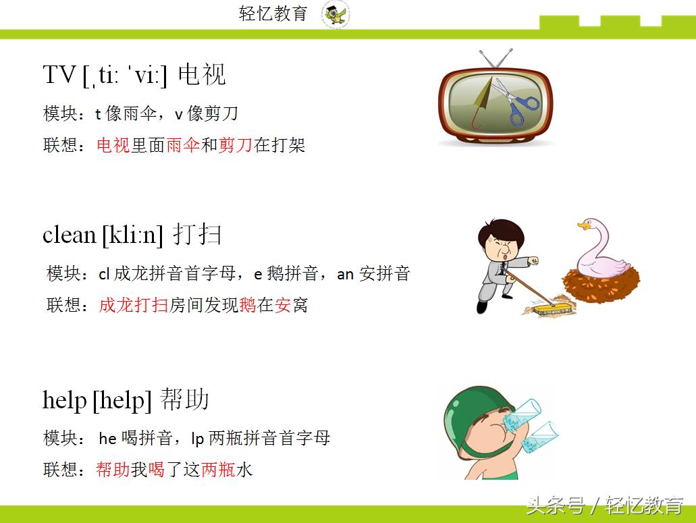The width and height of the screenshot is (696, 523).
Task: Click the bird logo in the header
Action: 336,14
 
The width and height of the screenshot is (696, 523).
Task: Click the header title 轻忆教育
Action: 273,13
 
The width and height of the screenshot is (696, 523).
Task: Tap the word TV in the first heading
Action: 59,74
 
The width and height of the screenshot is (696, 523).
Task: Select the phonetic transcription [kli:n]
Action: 133,234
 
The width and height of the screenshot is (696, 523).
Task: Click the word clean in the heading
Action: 70,234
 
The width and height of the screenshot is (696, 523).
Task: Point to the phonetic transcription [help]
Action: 122,400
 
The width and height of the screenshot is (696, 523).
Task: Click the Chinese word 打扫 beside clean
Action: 197,234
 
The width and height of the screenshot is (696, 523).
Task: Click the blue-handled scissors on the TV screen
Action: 517,102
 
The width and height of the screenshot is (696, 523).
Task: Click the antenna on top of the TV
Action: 496,58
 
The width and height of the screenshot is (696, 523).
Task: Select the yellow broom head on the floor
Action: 550,309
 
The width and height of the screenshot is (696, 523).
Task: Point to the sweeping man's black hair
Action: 501,231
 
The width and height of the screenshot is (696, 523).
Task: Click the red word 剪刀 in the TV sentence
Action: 235,145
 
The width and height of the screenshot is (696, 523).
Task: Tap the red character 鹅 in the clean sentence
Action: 248,305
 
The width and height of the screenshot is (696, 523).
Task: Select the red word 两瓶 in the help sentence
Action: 219,469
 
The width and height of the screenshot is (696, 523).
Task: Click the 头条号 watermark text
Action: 556,505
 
